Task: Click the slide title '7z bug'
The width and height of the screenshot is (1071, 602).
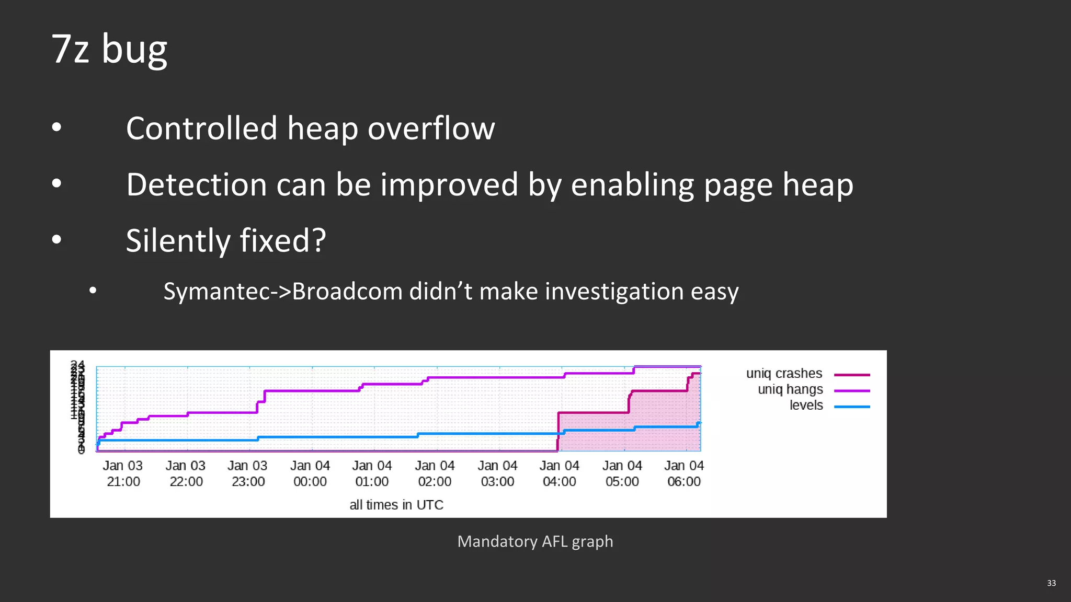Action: [x=109, y=49]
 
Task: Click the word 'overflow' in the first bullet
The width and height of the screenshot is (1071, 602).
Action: [x=431, y=129]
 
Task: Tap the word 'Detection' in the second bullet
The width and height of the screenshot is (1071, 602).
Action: [x=197, y=185]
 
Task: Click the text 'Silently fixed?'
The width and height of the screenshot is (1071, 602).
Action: [x=226, y=241]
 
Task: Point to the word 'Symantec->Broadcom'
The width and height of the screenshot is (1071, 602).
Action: [x=284, y=292]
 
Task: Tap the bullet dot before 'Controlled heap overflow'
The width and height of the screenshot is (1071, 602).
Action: [x=56, y=127]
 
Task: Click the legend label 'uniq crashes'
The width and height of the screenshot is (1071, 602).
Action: [x=784, y=374]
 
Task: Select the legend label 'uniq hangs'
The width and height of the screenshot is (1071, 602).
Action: [x=790, y=389]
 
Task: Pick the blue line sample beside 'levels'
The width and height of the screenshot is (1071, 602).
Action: [x=852, y=407]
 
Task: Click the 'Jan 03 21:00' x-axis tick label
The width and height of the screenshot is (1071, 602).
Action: [x=123, y=473]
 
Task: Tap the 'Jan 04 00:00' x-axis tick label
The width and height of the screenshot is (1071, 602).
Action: [x=310, y=473]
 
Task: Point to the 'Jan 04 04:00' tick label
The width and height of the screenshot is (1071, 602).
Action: [x=560, y=473]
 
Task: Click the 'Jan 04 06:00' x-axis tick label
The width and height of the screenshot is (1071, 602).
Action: [x=684, y=473]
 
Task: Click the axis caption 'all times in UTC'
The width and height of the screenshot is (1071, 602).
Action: [x=396, y=505]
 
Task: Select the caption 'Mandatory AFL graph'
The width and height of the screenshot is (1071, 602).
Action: [x=535, y=541]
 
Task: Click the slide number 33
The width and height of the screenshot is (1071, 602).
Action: [x=1051, y=583]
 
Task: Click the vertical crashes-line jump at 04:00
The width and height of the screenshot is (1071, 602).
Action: [x=558, y=431]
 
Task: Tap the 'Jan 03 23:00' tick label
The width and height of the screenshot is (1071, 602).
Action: [x=247, y=473]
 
